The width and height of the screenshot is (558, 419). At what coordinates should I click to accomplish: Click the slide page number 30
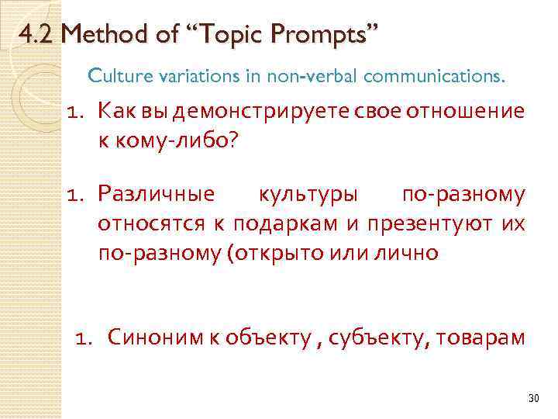point(532,397)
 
